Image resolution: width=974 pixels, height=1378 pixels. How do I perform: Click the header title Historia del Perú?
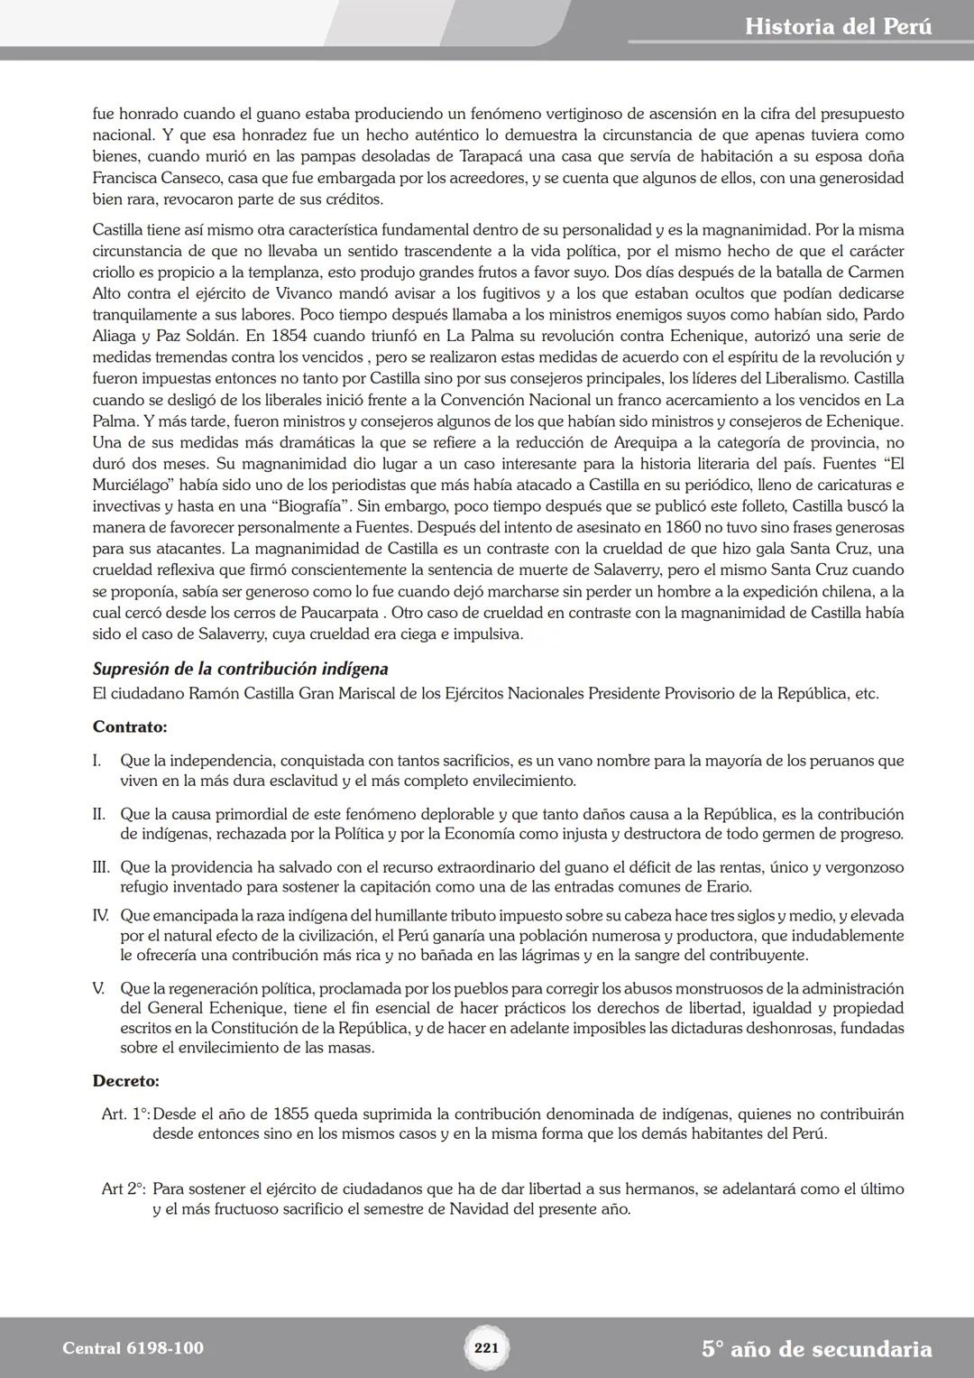click(838, 27)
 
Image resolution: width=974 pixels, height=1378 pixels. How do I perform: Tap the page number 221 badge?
click(486, 1348)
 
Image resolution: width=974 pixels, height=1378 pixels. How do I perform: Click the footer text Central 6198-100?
click(133, 1348)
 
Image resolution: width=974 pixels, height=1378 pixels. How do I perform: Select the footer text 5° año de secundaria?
click(816, 1349)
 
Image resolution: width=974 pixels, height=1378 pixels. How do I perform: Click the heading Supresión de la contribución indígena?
click(240, 670)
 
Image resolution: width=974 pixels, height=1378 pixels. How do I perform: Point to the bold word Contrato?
click(130, 726)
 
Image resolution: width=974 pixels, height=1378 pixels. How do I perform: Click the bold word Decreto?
click(125, 1080)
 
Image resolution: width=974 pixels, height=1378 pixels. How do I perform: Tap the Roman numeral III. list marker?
click(101, 867)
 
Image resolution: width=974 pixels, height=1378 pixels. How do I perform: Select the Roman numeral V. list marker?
click(98, 988)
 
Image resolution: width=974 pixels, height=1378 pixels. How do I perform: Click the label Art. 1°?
click(125, 1114)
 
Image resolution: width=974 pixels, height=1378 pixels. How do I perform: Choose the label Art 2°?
click(124, 1189)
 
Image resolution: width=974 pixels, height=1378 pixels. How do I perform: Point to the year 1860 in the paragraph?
click(703, 527)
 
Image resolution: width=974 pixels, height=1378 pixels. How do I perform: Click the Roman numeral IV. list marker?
click(101, 915)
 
